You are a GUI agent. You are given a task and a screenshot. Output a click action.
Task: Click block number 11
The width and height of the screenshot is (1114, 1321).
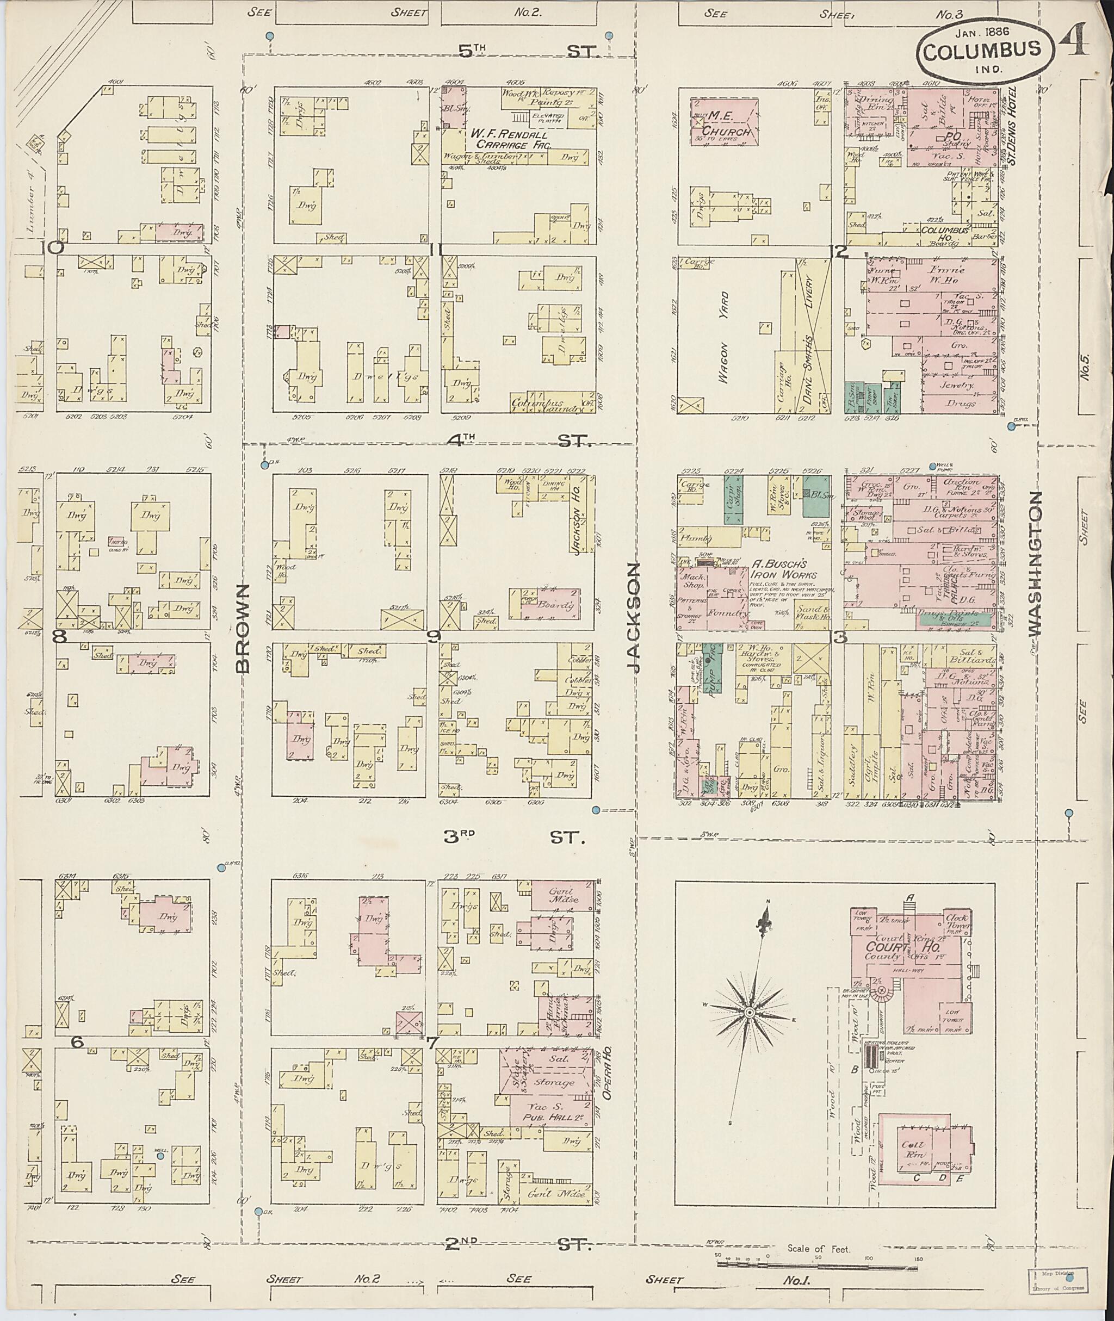[435, 250]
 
